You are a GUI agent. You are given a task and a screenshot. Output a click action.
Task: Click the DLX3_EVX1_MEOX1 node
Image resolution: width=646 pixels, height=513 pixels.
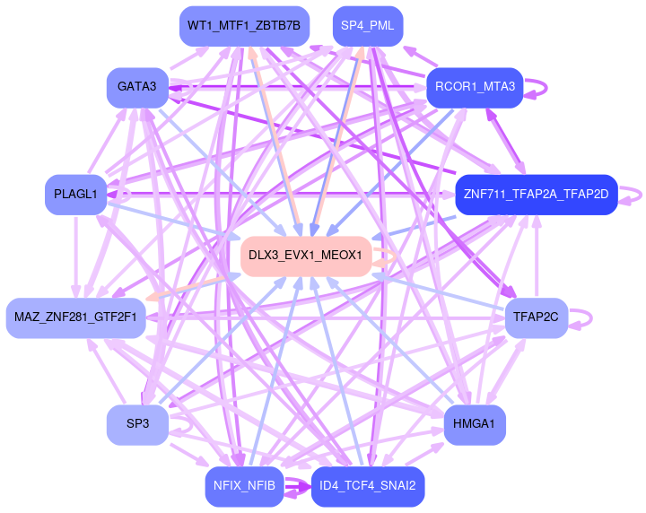[x=305, y=256]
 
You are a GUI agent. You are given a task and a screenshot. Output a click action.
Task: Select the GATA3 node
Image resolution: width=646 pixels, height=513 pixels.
[x=136, y=87]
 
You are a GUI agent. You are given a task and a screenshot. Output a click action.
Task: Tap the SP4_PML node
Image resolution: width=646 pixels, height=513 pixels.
[x=367, y=26]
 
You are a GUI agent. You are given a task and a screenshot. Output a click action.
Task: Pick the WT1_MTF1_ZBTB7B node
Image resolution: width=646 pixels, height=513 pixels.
[x=244, y=26]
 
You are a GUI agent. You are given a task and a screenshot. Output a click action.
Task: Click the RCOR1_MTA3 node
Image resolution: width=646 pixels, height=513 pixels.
[x=475, y=87]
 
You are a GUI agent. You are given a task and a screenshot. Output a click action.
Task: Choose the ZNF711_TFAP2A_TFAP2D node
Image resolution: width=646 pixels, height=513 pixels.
[x=536, y=194]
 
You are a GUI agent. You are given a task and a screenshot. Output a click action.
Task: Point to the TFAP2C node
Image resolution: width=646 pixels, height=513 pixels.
[x=536, y=317]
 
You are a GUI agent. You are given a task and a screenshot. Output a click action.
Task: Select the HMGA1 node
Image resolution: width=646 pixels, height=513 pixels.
[x=475, y=423]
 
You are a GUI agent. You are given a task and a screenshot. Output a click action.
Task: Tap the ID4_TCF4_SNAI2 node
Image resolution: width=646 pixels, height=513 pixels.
[x=367, y=486]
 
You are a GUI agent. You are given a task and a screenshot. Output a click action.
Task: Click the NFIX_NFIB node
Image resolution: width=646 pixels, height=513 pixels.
[x=244, y=486]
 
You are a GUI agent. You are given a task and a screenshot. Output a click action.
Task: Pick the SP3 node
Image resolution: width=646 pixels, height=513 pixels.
[x=136, y=423]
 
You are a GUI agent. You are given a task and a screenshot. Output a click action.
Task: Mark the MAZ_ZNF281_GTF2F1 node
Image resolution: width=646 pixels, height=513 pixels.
[x=75, y=317]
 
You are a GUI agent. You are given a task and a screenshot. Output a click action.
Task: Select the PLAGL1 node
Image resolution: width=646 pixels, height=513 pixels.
[x=75, y=194]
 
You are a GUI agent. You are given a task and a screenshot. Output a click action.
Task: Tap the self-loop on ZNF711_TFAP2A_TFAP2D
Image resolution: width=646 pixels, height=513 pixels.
[x=640, y=194]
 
